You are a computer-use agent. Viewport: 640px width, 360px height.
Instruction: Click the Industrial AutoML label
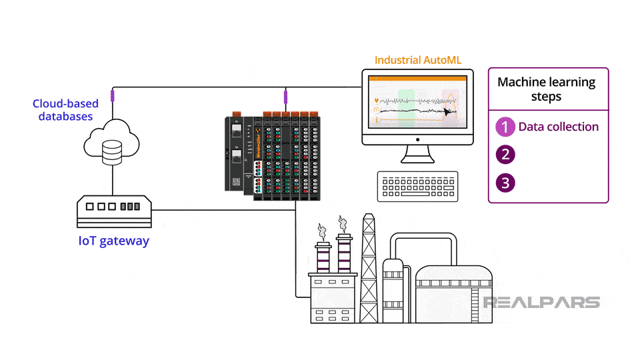click(x=418, y=60)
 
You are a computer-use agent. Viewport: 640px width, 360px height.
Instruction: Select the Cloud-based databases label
click(x=65, y=110)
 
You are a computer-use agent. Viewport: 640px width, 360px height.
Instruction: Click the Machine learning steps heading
click(x=547, y=89)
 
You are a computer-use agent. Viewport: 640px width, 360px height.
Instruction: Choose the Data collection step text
click(x=559, y=127)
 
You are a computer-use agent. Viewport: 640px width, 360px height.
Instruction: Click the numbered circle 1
click(x=506, y=127)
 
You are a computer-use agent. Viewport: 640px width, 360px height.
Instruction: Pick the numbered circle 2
click(x=506, y=155)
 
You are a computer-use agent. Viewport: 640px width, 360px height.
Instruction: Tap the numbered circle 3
click(x=506, y=183)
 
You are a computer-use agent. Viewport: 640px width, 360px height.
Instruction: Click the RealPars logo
click(x=541, y=302)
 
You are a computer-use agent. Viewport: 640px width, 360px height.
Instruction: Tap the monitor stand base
click(x=418, y=160)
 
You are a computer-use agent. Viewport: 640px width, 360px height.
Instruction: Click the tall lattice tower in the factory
click(x=368, y=267)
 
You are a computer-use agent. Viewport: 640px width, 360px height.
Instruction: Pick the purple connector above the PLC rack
click(x=285, y=99)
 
